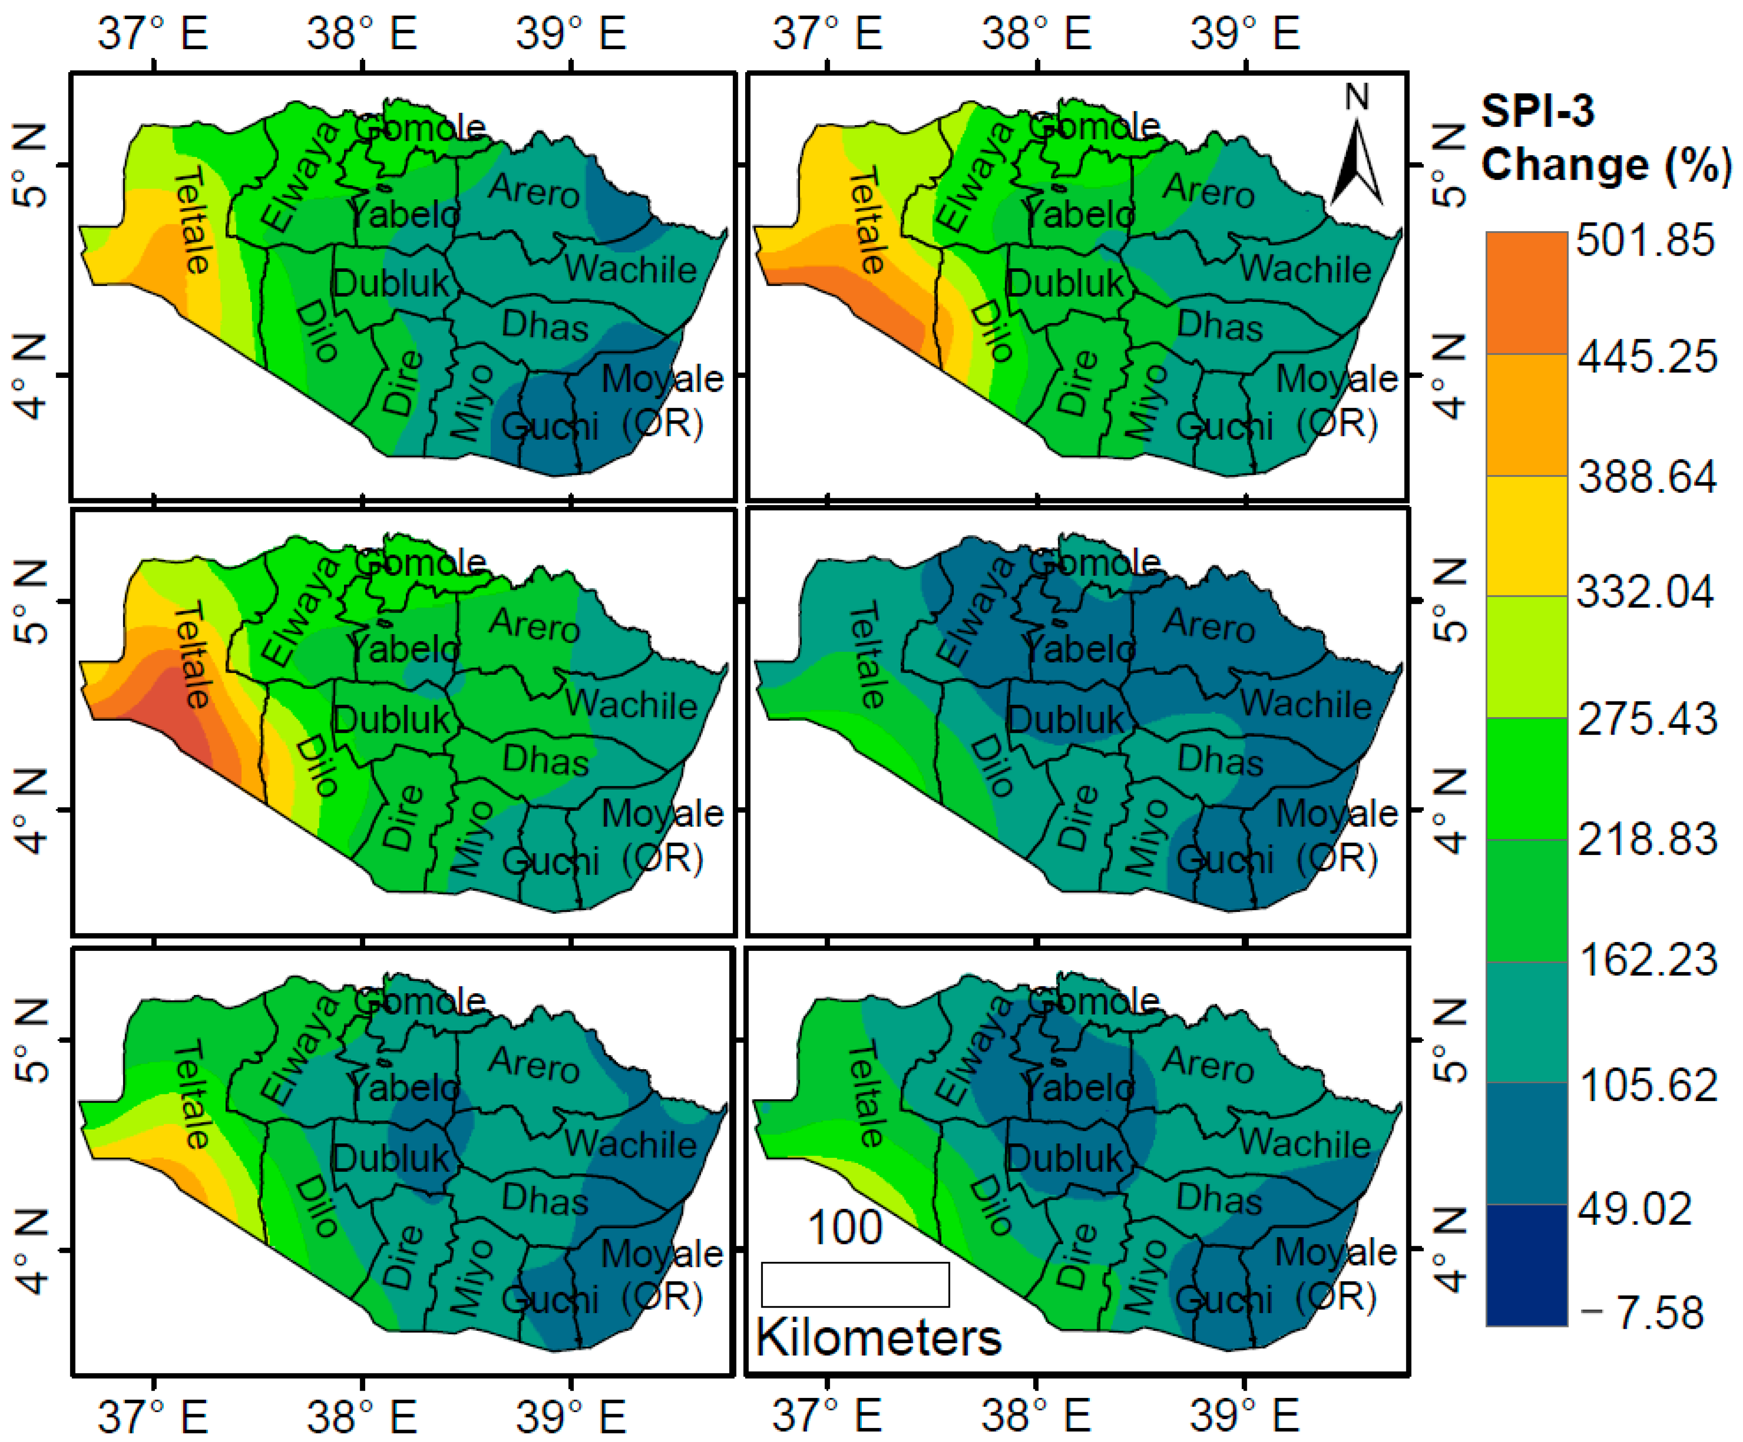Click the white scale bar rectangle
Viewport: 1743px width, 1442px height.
(855, 1284)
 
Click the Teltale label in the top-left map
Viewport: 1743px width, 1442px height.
(193, 220)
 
